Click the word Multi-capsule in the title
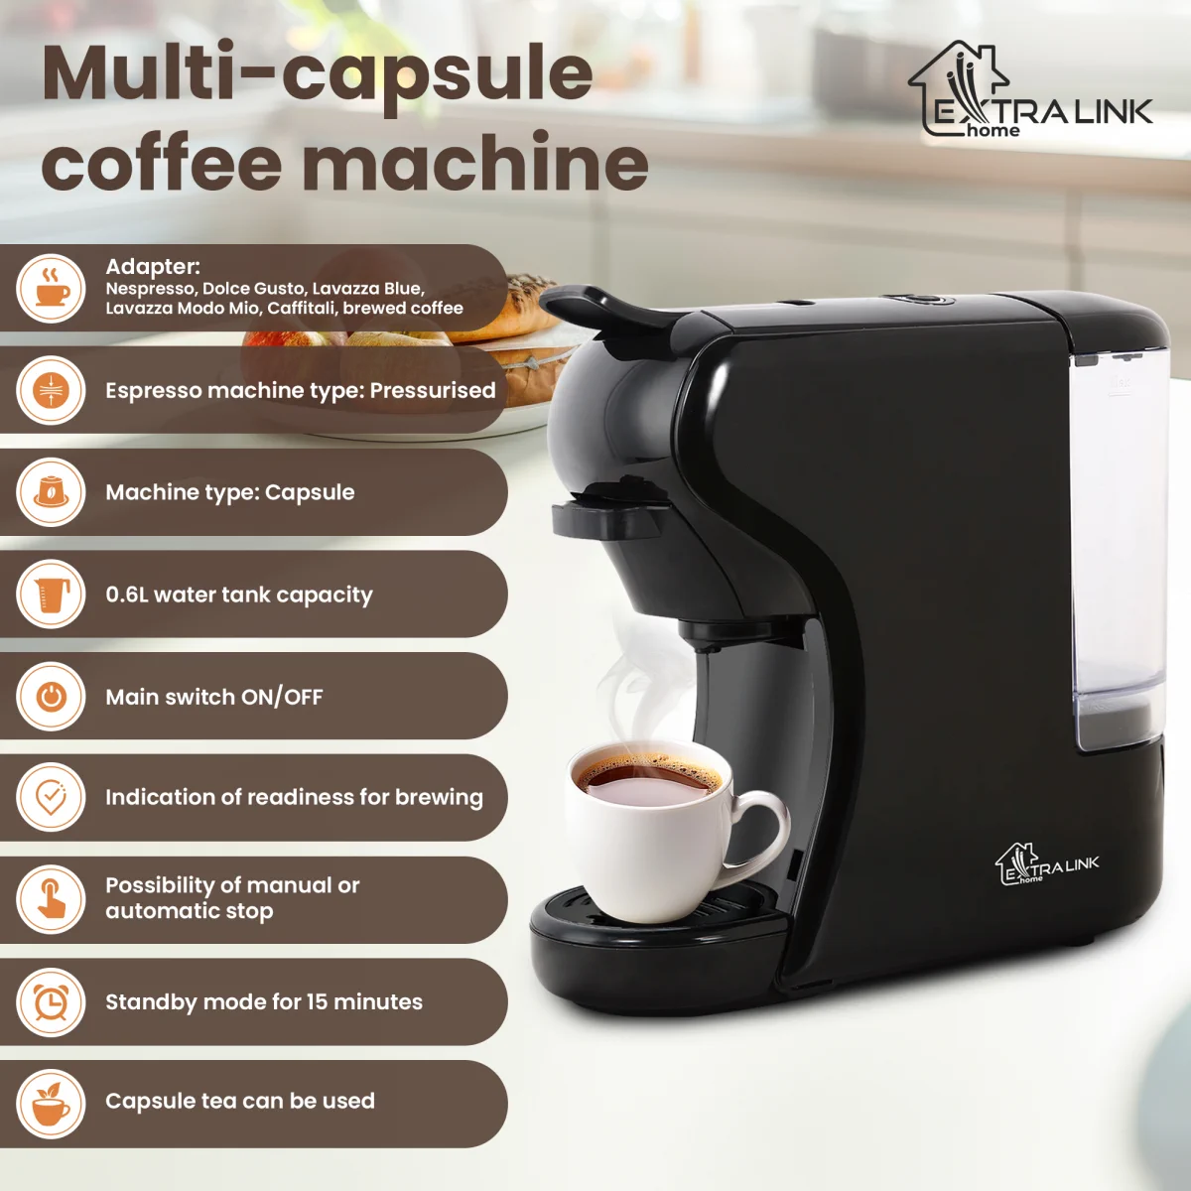[318, 74]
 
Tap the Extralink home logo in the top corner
[1029, 92]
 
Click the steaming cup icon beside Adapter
[51, 288]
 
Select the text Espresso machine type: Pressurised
[300, 390]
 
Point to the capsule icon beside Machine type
[51, 492]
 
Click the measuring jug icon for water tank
[51, 595]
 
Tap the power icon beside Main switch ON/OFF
[51, 697]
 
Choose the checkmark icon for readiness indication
[51, 798]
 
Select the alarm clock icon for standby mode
[51, 1002]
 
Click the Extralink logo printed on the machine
[1046, 864]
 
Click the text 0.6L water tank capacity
[239, 595]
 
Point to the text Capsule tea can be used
[240, 1101]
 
